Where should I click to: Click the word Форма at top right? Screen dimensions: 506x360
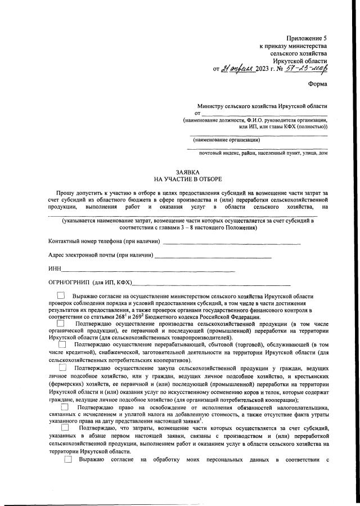click(318, 84)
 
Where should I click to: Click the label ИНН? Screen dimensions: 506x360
click(55, 268)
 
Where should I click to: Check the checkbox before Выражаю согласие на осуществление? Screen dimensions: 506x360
click(61, 295)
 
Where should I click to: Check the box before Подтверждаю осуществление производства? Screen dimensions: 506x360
click(61, 323)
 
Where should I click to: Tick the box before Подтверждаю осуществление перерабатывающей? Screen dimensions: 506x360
click(62, 344)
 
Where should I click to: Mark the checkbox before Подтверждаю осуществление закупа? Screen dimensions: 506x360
click(64, 368)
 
